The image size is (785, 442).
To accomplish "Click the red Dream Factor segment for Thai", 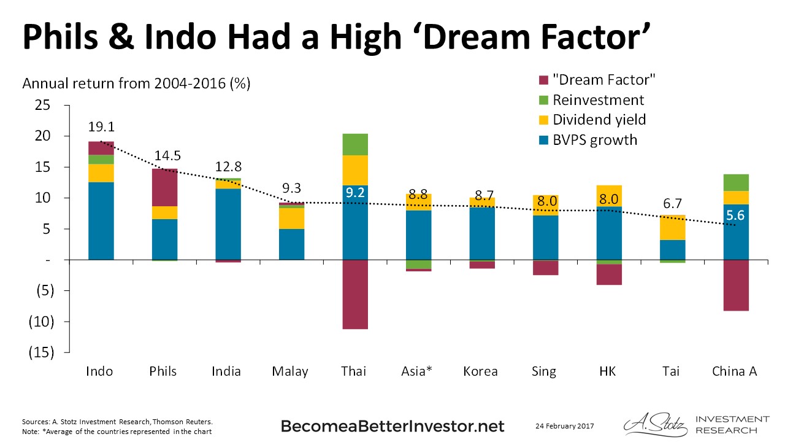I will (x=355, y=294).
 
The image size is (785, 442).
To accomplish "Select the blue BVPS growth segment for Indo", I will (x=101, y=221).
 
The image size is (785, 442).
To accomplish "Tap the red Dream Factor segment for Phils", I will (x=164, y=187).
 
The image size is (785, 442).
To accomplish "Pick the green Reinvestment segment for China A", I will (x=736, y=182).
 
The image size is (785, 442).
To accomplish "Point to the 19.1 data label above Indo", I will (x=101, y=127).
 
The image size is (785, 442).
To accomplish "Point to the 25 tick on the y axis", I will (x=42, y=105).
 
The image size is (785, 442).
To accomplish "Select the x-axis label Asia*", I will (x=418, y=371).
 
